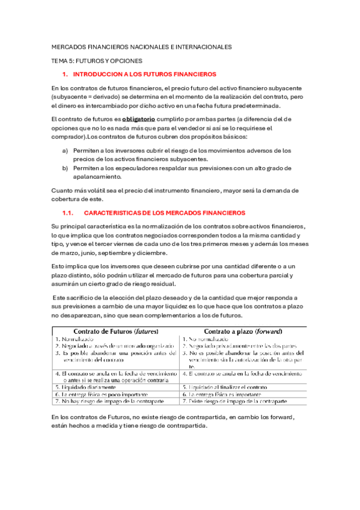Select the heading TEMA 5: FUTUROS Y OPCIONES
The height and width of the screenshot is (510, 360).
[x=97, y=61]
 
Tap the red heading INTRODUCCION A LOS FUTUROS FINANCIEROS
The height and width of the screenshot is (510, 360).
[x=144, y=75]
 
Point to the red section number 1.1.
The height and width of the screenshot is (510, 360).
[x=67, y=213]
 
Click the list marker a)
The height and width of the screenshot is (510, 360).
[x=65, y=150]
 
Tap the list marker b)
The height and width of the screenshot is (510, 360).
[x=65, y=168]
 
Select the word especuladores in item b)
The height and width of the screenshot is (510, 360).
[x=130, y=168]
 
